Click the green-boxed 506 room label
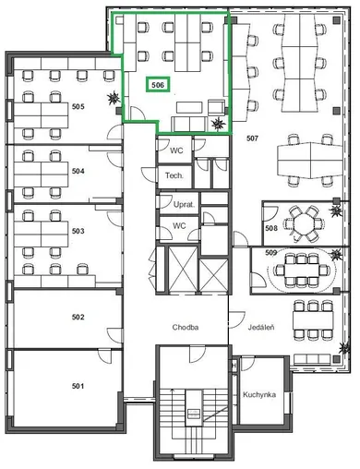(x=158, y=84)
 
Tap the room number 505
(x=78, y=107)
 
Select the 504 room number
(x=78, y=171)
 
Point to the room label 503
(x=78, y=231)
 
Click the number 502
(x=78, y=317)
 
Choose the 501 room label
(x=78, y=386)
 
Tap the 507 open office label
(x=252, y=138)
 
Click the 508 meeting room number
(x=271, y=228)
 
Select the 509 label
(x=271, y=253)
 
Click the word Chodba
(x=186, y=327)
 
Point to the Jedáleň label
(x=261, y=327)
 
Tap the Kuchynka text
(x=259, y=394)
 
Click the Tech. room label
(x=174, y=175)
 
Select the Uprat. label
(x=184, y=204)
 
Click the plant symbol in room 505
(x=114, y=99)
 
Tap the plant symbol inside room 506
(x=219, y=124)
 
